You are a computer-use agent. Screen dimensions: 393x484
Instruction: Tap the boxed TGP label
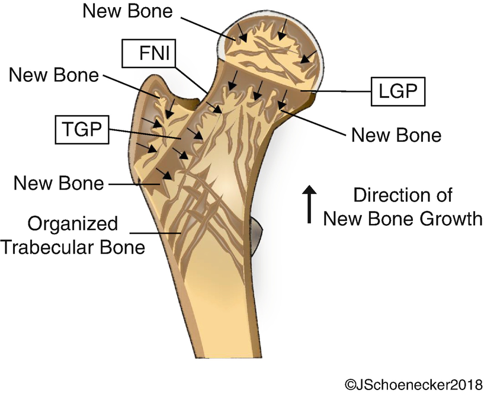[x=82, y=130]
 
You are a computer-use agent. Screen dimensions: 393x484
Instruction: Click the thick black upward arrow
[x=309, y=204]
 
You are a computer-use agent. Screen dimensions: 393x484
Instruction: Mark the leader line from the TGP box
[x=146, y=133]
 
